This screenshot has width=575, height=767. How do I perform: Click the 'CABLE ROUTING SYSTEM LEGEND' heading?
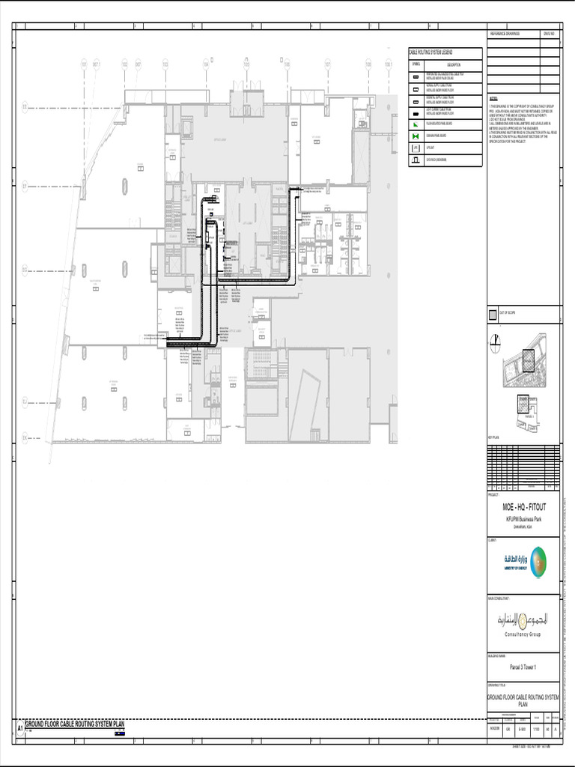(435, 52)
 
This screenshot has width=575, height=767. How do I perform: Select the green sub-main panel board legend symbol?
(416, 136)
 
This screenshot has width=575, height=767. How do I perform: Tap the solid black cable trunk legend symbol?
(416, 124)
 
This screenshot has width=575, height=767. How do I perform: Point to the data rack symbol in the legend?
(416, 160)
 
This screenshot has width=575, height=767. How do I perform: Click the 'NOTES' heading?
(493, 98)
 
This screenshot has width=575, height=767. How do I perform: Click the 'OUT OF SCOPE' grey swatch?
(492, 316)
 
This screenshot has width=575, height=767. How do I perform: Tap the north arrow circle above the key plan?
(495, 343)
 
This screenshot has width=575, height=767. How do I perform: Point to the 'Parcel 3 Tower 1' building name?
(523, 667)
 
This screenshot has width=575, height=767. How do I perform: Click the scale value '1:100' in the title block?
(537, 727)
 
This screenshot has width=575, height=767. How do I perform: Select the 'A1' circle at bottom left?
(20, 727)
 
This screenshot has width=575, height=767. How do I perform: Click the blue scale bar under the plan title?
(119, 733)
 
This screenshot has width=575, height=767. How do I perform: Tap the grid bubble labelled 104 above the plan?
(205, 65)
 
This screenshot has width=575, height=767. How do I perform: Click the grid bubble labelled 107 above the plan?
(327, 65)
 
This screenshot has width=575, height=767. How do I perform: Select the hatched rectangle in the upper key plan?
(529, 360)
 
